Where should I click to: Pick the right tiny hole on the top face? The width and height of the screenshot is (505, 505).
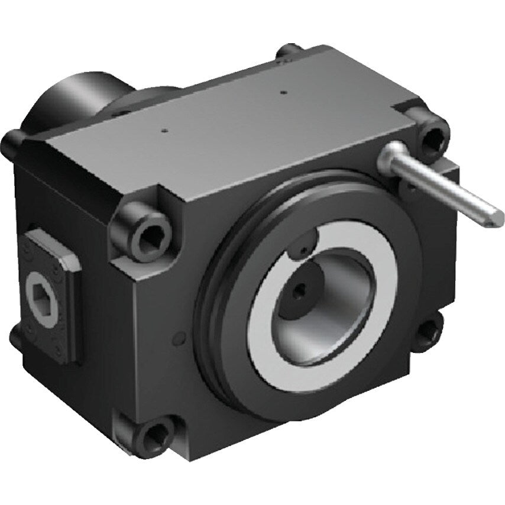coord(283,92)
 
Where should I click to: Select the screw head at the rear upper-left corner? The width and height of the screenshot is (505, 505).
coord(11,141)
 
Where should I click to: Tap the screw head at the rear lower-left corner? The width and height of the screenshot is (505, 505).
coord(17,337)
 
